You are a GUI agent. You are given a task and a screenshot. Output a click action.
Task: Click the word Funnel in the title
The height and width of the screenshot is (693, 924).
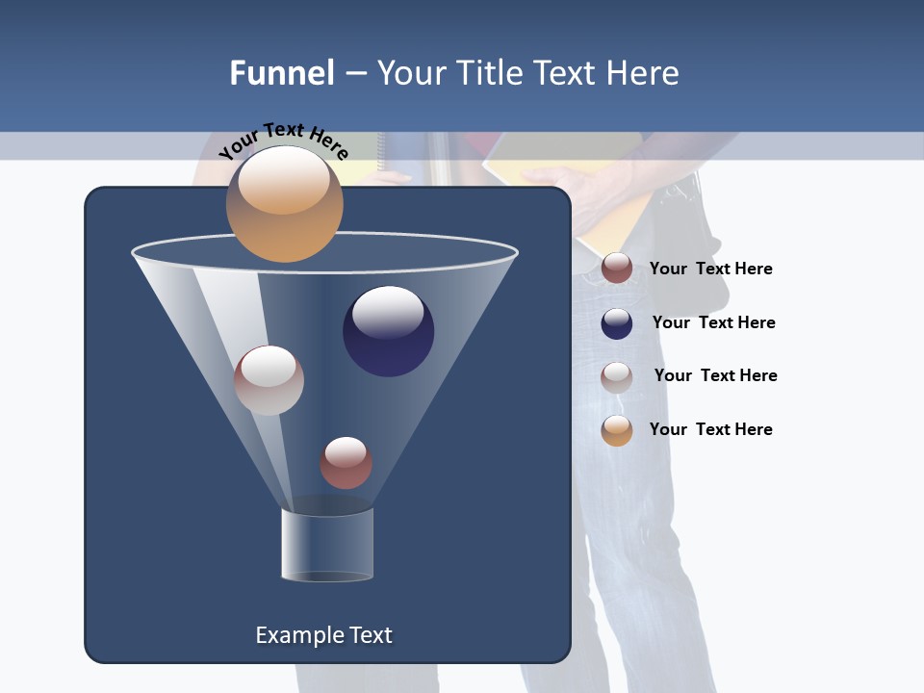point(282,73)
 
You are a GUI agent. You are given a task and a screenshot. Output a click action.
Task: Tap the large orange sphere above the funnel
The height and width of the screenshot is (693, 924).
point(285,203)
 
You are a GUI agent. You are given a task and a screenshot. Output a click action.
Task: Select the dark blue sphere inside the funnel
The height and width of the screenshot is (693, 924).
point(389,330)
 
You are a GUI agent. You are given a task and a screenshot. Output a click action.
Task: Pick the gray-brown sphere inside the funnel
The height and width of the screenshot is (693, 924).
point(269,380)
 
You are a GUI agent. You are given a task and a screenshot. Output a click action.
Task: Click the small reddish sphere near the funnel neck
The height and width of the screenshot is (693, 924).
point(346,462)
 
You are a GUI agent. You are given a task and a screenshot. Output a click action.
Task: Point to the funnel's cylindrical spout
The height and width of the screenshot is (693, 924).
point(327,545)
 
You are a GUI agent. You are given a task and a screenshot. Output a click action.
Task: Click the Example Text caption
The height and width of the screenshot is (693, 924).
point(324,635)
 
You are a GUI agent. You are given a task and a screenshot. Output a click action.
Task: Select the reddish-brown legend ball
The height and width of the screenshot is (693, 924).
point(617,268)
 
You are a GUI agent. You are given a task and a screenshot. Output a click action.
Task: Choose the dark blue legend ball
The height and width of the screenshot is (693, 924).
point(617,323)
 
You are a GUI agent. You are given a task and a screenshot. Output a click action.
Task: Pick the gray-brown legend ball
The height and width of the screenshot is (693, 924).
point(617,376)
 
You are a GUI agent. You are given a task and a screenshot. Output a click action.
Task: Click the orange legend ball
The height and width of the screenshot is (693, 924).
point(617,430)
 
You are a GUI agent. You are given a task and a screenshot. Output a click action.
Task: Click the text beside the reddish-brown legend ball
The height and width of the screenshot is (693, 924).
point(710,269)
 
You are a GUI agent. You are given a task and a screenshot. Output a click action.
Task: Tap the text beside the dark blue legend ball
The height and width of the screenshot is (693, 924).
point(713,322)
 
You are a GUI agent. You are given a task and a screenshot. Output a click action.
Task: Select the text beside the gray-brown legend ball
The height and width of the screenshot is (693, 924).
point(715,375)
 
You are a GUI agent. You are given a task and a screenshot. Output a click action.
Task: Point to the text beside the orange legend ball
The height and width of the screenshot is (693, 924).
point(710,429)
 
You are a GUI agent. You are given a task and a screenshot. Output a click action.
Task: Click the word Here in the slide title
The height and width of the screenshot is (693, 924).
point(645,73)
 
